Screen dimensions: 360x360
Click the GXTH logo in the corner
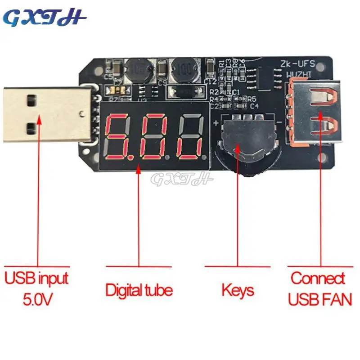45,18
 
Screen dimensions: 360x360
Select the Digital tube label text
139,289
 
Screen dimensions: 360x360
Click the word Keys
238,290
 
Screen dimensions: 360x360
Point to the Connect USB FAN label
320,288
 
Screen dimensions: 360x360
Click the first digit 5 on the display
120,137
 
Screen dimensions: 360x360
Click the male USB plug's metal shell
43,113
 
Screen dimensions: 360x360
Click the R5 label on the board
251,99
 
